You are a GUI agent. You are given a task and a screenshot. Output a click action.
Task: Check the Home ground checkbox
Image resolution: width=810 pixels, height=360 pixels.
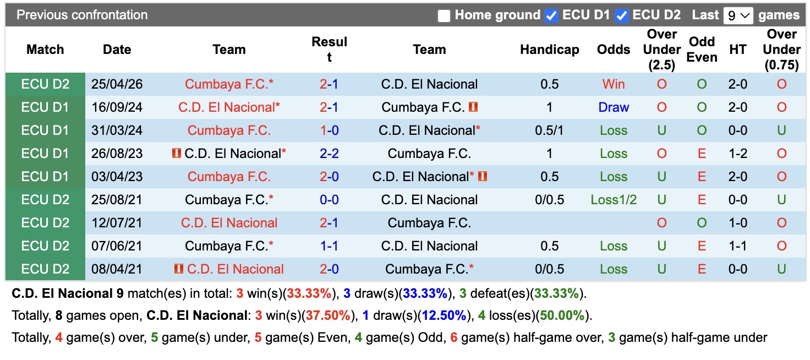click(x=444, y=15)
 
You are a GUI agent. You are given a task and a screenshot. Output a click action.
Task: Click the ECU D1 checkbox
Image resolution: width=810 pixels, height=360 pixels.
click(x=551, y=15)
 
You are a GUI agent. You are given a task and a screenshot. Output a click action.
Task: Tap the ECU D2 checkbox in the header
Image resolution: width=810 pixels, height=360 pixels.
click(x=622, y=15)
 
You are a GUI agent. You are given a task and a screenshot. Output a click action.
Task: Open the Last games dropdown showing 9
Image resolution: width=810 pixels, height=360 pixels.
click(x=738, y=15)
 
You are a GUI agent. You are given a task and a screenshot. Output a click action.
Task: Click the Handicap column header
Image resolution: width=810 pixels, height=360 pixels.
click(x=550, y=50)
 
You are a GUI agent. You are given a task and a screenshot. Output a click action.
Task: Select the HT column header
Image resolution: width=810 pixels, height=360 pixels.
click(x=738, y=50)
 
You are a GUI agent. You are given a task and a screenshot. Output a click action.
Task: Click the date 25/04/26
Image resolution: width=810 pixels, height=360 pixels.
click(x=117, y=84)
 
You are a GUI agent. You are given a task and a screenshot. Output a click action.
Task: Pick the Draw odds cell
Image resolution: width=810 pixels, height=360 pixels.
click(x=614, y=107)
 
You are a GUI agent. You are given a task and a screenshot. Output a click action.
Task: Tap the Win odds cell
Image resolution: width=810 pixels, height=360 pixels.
click(x=614, y=84)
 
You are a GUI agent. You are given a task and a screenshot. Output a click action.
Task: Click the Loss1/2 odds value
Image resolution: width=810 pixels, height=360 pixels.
click(x=614, y=200)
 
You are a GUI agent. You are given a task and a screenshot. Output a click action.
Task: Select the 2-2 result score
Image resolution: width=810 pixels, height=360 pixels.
click(x=329, y=154)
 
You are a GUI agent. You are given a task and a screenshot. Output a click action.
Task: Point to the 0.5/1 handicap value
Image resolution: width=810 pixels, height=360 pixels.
click(x=550, y=130)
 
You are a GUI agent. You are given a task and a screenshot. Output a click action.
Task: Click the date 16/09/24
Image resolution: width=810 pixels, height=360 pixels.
click(x=117, y=107)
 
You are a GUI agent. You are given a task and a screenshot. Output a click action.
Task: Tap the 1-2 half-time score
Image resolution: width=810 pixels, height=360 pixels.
click(x=738, y=154)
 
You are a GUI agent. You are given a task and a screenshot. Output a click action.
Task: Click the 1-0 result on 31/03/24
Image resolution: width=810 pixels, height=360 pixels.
click(x=329, y=130)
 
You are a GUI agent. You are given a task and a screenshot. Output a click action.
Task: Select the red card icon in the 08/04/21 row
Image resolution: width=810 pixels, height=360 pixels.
click(x=179, y=269)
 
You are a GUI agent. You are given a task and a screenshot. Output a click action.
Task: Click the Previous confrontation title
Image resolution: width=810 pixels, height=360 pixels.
click(x=82, y=15)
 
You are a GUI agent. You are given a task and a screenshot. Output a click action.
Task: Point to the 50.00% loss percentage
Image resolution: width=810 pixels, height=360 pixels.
click(x=562, y=315)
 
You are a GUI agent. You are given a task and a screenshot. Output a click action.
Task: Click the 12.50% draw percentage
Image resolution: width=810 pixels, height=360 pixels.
click(x=444, y=315)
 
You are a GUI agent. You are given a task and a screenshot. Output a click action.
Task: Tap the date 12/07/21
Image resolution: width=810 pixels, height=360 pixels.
click(x=117, y=223)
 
